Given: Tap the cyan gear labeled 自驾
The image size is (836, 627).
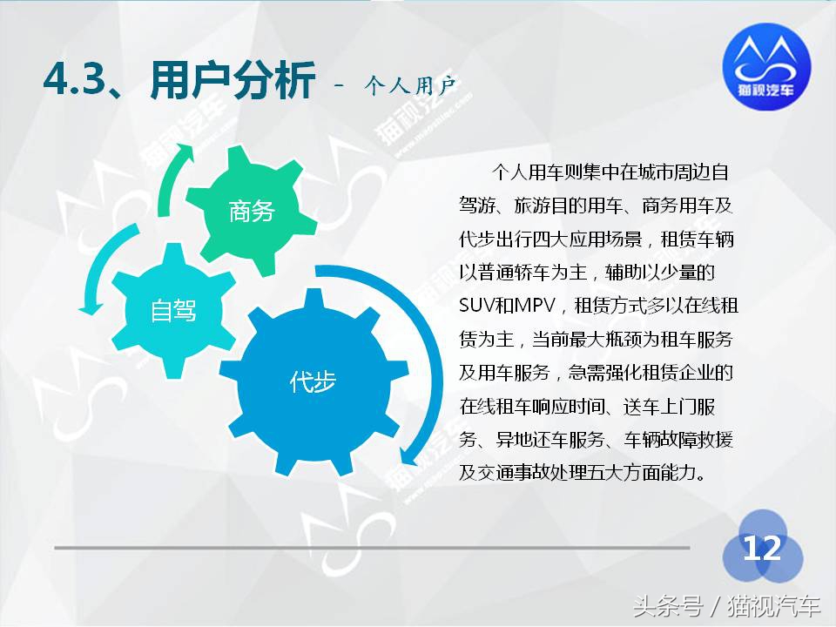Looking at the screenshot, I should click(173, 309).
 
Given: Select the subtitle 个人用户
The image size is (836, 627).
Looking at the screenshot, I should click(411, 85).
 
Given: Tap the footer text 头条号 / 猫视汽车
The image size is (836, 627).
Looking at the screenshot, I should click(726, 604).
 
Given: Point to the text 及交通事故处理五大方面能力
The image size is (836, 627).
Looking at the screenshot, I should click(581, 474).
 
